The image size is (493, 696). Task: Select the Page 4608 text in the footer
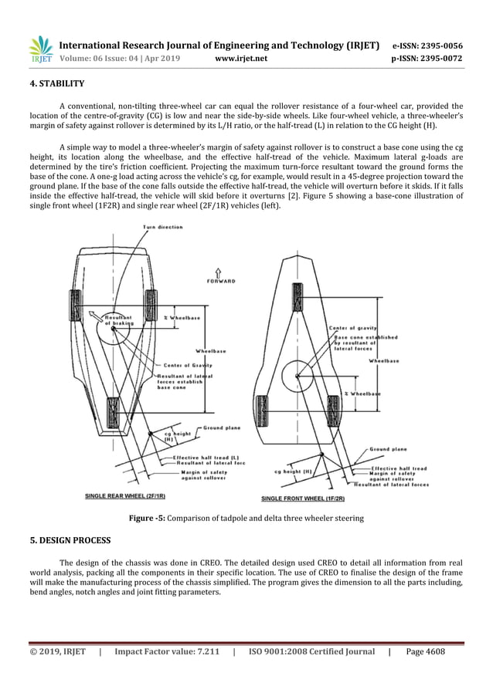point(425,652)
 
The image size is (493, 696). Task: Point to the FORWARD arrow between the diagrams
point(219,276)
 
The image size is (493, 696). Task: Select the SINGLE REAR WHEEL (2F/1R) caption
point(126,495)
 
